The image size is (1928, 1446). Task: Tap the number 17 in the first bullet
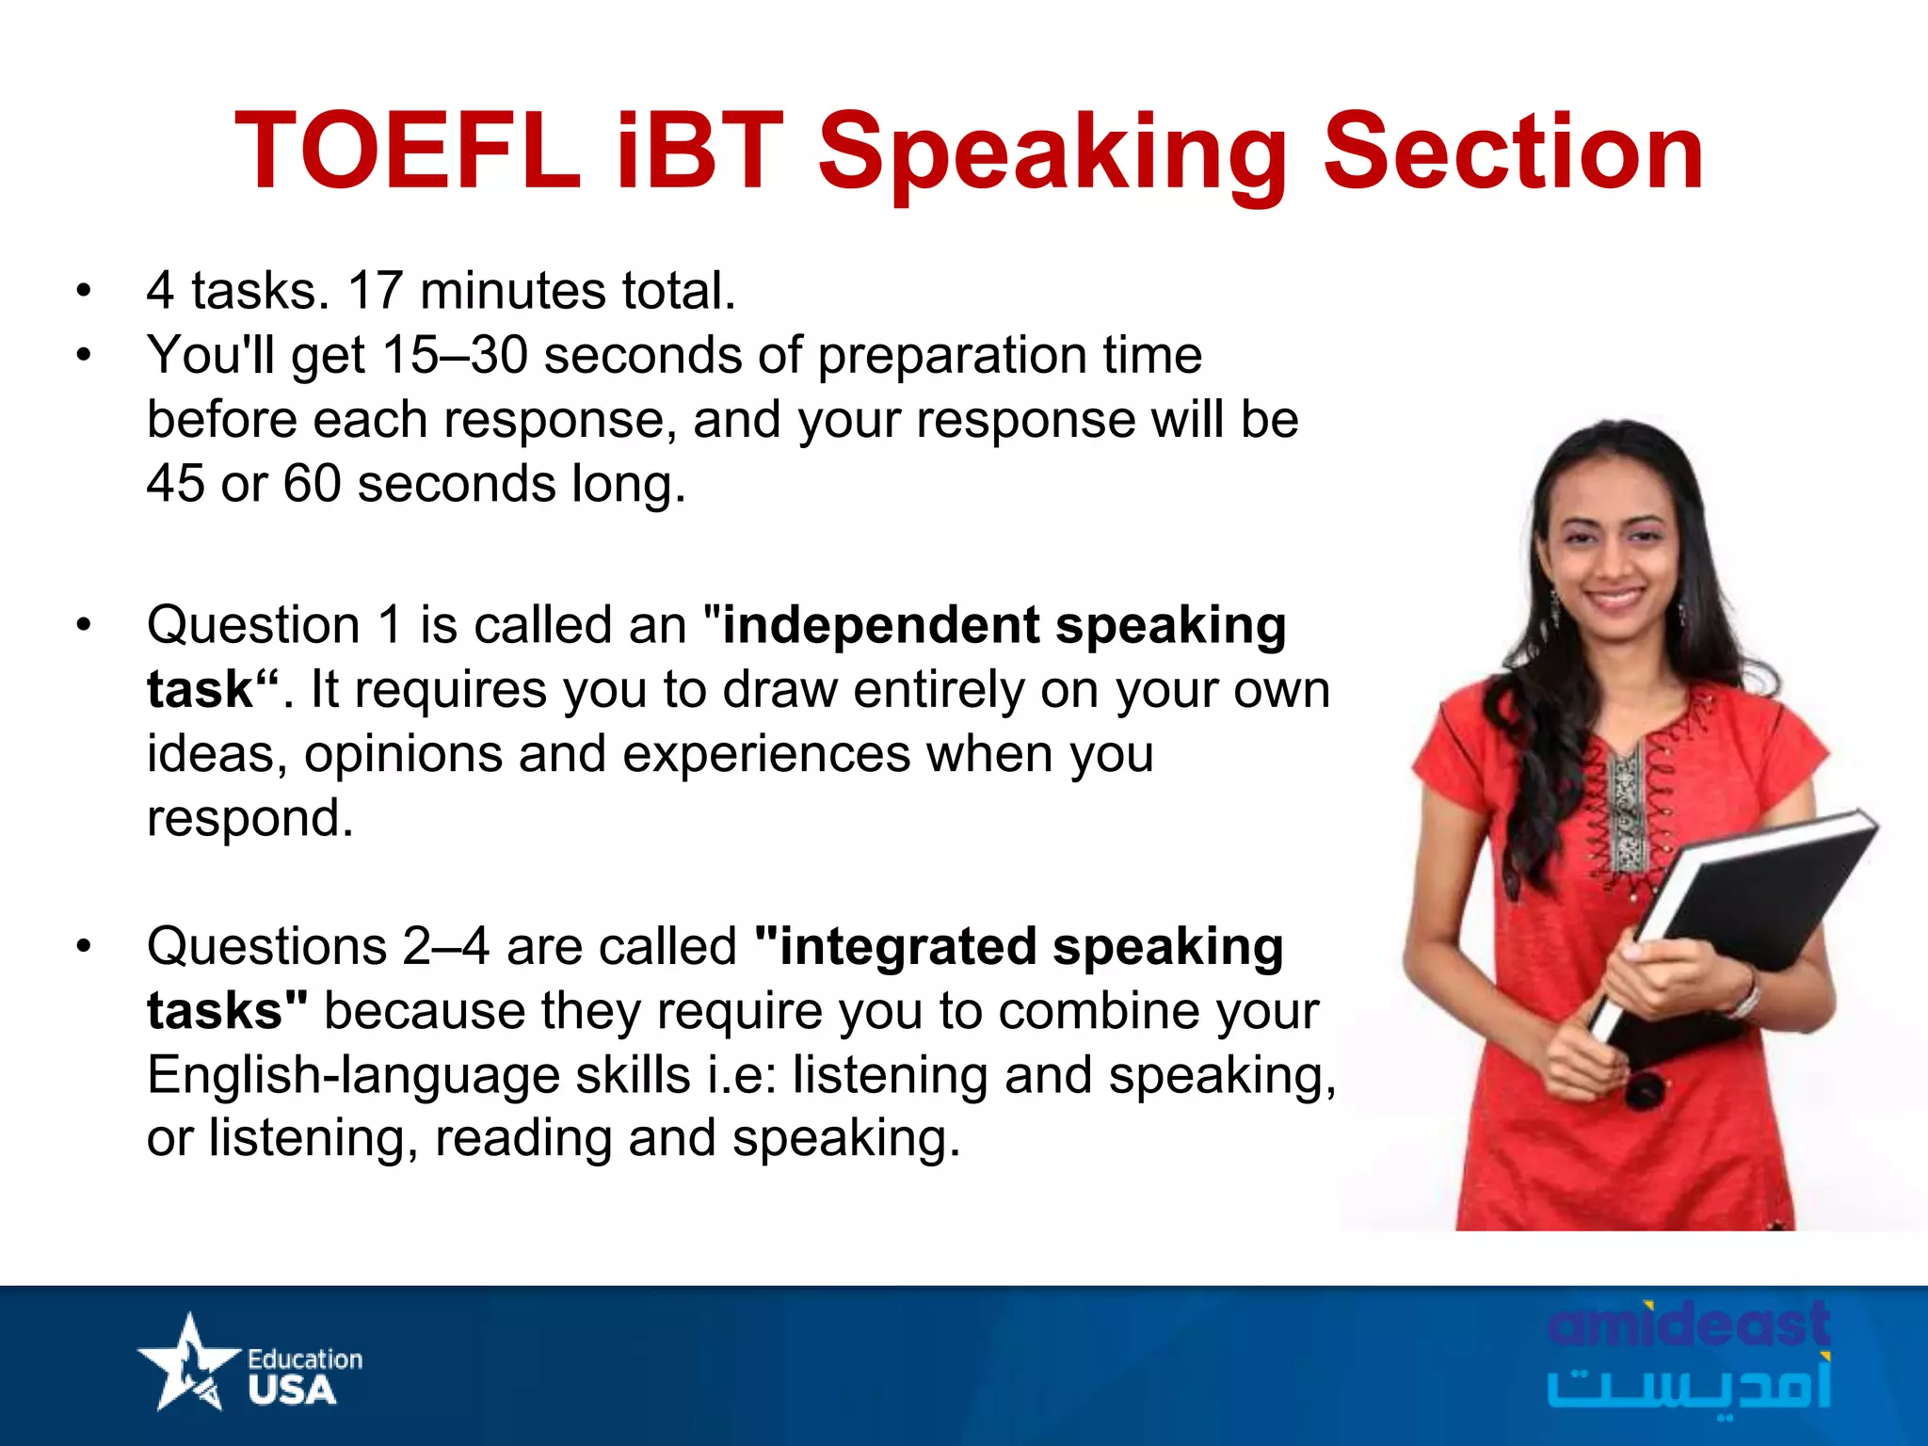coord(375,290)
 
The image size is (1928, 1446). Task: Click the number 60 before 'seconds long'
coord(312,484)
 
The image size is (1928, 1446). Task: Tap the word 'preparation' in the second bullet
coord(951,356)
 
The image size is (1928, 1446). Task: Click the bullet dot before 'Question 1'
coord(85,626)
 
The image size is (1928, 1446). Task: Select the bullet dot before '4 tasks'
coord(85,291)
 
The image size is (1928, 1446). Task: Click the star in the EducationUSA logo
coord(188,1361)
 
